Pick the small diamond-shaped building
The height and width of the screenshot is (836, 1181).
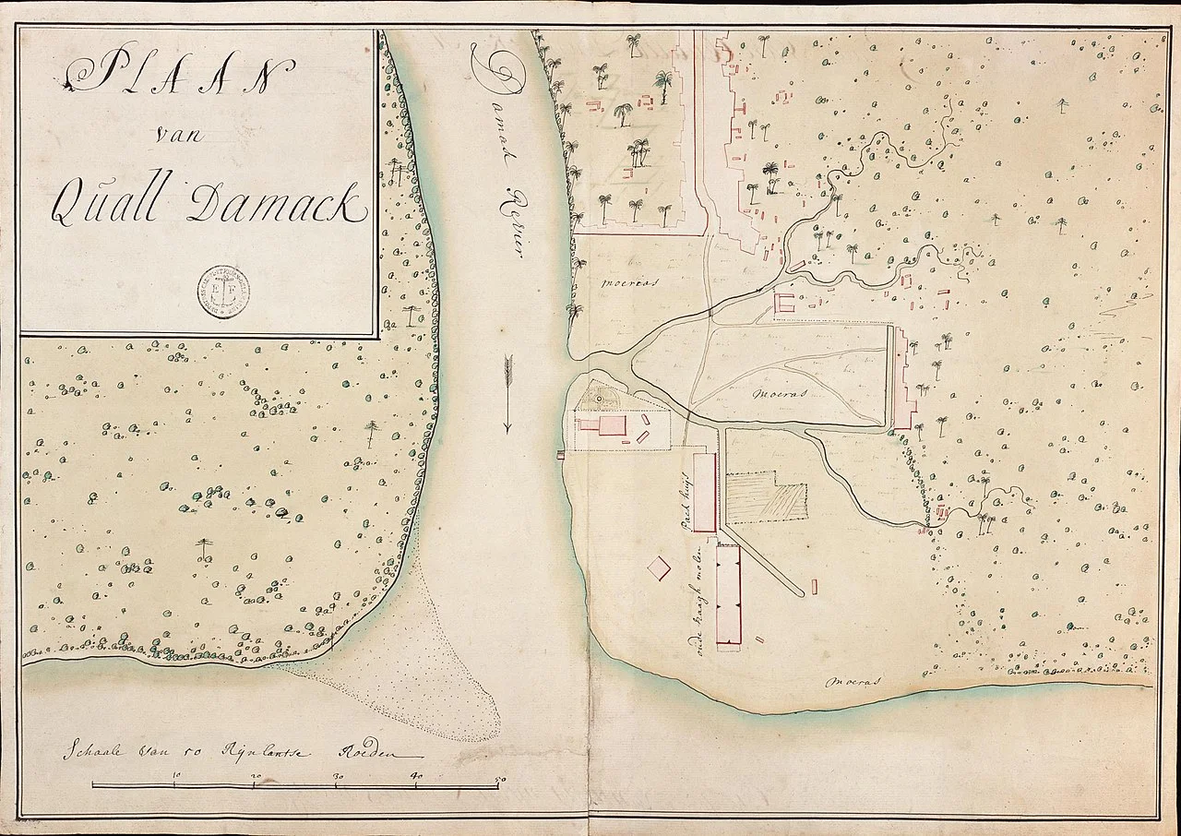pos(659,567)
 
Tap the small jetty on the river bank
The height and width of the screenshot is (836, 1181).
pos(560,455)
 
